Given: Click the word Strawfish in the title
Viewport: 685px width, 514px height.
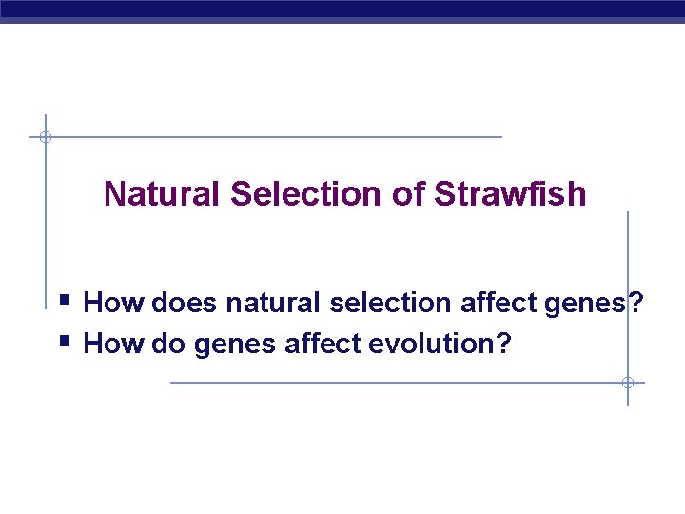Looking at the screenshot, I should [510, 194].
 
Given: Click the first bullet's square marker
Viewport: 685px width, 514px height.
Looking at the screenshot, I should [65, 302].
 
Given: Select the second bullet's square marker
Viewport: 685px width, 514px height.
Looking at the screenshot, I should [65, 338].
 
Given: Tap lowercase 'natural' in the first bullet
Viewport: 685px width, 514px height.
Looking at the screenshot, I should [275, 304].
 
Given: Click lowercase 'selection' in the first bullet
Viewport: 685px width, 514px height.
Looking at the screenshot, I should [391, 304].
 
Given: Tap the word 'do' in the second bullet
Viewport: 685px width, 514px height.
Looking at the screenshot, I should [167, 343].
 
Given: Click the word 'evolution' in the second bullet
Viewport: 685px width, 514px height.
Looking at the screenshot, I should [435, 343].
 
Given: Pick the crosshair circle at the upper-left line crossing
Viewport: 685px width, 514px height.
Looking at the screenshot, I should [45, 137].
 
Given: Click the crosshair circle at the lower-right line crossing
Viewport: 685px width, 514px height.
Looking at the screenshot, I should [628, 383].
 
